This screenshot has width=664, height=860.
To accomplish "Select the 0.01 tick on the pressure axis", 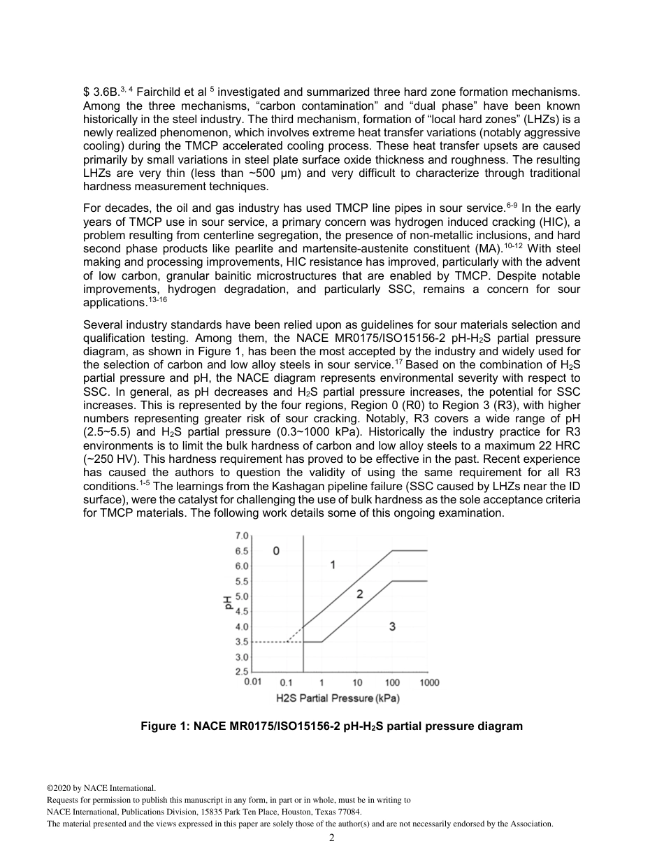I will tap(252, 682).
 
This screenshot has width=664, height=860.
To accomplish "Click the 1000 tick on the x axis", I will tap(429, 682).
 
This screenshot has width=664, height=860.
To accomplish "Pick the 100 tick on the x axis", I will tap(392, 682).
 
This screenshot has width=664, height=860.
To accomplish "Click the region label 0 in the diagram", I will tap(277, 551).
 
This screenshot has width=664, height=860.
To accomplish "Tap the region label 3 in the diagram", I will tap(392, 626).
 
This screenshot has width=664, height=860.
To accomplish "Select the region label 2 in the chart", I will tap(359, 594).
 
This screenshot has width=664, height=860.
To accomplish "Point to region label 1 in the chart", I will tap(333, 564).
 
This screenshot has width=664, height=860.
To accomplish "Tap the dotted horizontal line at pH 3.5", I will tap(269, 642).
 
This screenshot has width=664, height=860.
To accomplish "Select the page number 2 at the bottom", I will tap(332, 838).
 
